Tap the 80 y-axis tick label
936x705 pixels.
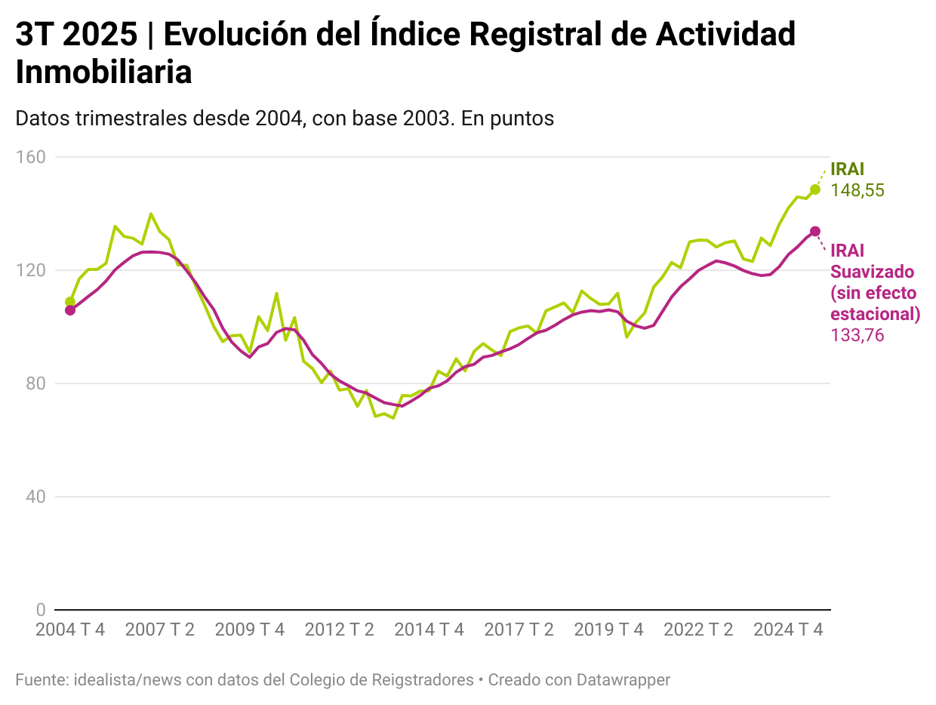[35, 383]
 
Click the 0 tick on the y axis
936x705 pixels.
[40, 610]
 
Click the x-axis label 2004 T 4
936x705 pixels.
[70, 630]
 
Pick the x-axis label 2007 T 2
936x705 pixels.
[160, 630]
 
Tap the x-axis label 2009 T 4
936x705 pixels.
[250, 630]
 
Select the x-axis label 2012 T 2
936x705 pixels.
[340, 630]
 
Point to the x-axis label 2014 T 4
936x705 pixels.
[429, 630]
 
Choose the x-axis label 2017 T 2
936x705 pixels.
[519, 630]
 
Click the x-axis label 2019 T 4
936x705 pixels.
[608, 630]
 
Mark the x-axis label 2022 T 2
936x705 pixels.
[698, 630]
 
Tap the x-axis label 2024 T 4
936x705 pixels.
[788, 630]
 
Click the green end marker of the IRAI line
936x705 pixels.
[815, 189]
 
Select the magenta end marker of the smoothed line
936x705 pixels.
[815, 231]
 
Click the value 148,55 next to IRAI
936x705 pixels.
[857, 191]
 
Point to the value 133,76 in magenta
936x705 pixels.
[857, 335]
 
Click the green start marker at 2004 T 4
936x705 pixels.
[70, 302]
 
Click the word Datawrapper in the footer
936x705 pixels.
[623, 680]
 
